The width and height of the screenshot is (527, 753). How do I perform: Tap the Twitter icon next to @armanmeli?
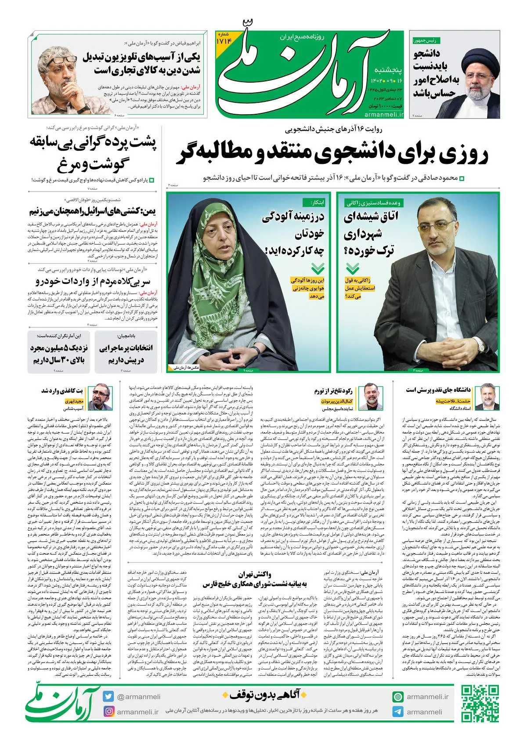pos(108,696)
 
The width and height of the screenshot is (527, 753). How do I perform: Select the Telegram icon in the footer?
pos(398,712)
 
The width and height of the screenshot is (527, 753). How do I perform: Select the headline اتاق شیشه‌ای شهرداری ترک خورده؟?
pos(371,233)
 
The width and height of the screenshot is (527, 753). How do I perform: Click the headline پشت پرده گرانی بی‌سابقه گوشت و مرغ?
pos(93,154)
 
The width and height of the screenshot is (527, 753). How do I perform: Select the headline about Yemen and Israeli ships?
pos(93,212)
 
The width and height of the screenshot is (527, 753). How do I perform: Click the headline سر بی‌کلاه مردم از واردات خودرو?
pos(93,281)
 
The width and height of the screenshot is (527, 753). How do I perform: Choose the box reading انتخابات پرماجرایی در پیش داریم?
pos(126,353)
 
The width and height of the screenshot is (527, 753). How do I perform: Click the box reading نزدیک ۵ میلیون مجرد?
pos(59,353)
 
